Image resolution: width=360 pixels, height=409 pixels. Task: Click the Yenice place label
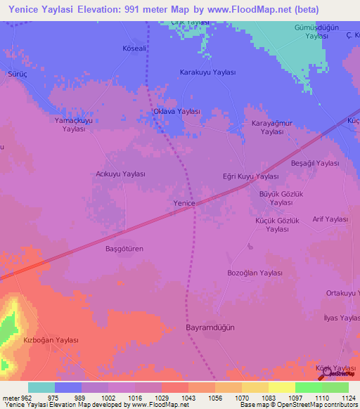[183, 202]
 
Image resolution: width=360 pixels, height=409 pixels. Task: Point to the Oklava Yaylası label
[177, 111]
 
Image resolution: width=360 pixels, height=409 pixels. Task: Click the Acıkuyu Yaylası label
[120, 174]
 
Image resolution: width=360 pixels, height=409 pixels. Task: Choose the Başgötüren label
[124, 249]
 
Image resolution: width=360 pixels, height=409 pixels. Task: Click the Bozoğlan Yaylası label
[255, 273]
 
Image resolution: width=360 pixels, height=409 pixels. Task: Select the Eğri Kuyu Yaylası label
[250, 176]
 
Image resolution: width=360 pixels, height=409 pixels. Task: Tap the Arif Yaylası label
[330, 219]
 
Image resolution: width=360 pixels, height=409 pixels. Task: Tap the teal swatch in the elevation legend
[41, 387]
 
